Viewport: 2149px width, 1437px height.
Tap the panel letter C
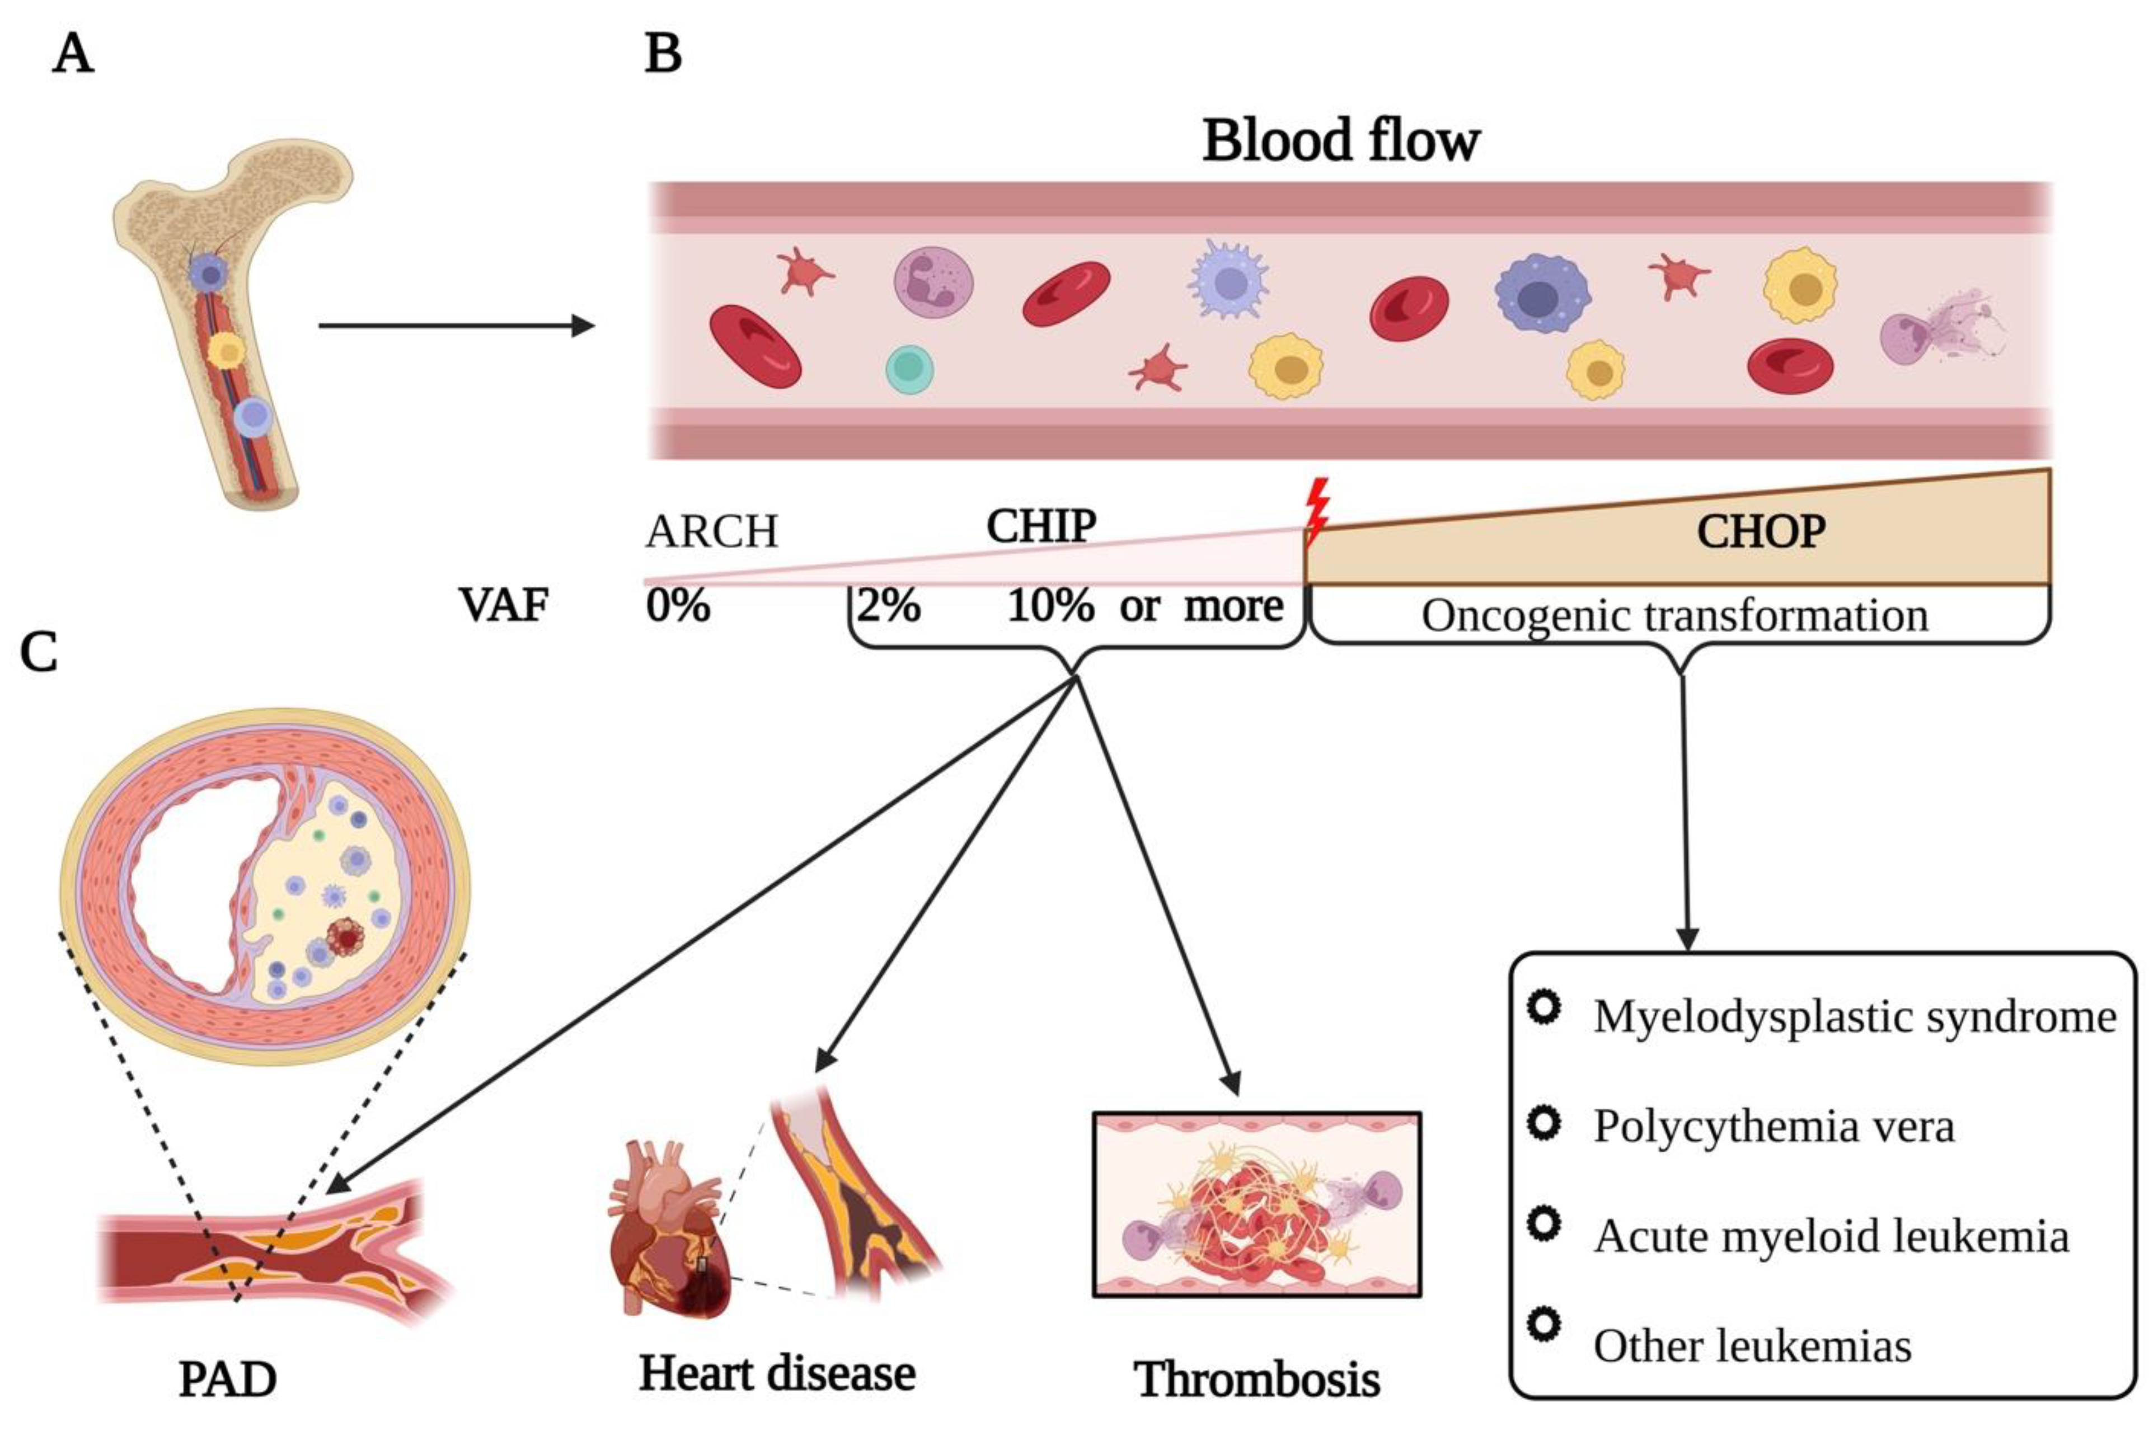(x=39, y=653)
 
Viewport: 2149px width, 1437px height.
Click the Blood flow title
(x=1340, y=140)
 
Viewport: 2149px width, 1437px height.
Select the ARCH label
(x=711, y=531)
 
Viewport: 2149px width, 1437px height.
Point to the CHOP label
(x=1760, y=531)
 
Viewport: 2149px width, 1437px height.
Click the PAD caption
(x=227, y=1379)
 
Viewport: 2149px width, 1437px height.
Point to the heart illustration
(x=668, y=1228)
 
